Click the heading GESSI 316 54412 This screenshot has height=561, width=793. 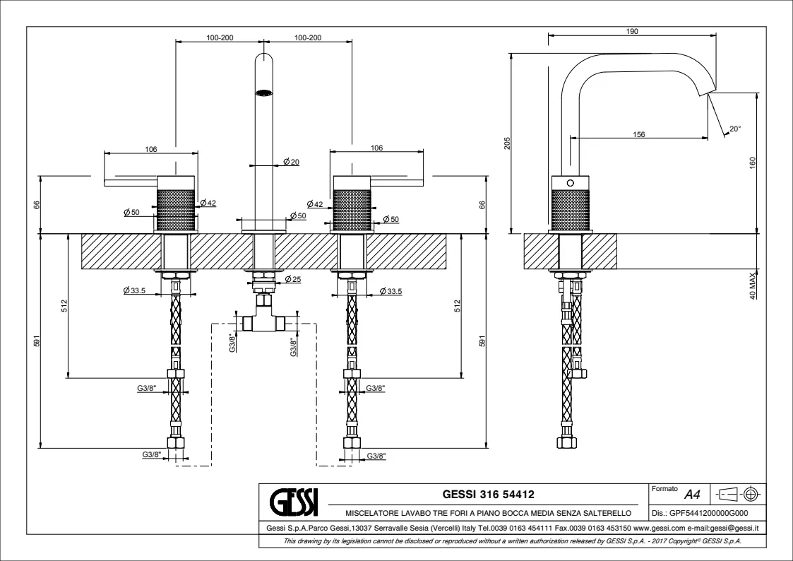coord(493,493)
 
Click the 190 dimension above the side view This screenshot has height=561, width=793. coord(633,31)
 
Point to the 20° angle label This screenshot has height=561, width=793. coord(735,129)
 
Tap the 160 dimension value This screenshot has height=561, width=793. coord(752,163)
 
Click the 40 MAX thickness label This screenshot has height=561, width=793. coord(752,285)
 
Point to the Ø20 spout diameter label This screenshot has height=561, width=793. coord(291,163)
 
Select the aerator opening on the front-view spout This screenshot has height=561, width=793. coord(263,91)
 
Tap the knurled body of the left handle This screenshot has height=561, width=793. coord(175,208)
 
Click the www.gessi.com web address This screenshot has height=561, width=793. coord(655,528)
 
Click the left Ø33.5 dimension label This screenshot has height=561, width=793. coord(134,291)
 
